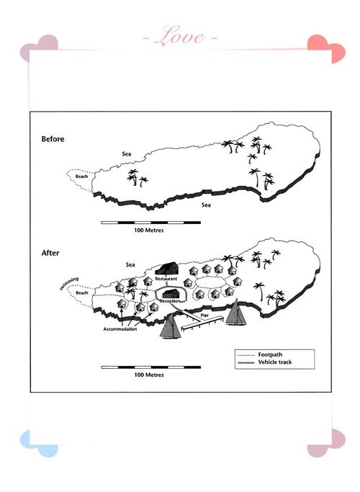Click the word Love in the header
click(x=181, y=36)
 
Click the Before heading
click(x=53, y=139)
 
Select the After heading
click(x=50, y=253)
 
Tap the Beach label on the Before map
click(x=81, y=176)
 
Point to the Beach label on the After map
click(x=82, y=292)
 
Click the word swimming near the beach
click(x=69, y=283)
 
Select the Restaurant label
click(x=166, y=279)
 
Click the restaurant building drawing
click(x=167, y=268)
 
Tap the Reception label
click(x=170, y=301)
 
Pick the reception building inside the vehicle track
click(x=171, y=294)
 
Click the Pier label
click(x=204, y=315)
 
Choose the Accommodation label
click(x=120, y=329)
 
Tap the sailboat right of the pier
click(x=236, y=312)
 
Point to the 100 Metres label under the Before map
click(x=149, y=231)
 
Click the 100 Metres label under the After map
click(x=149, y=375)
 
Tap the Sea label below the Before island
click(x=206, y=205)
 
